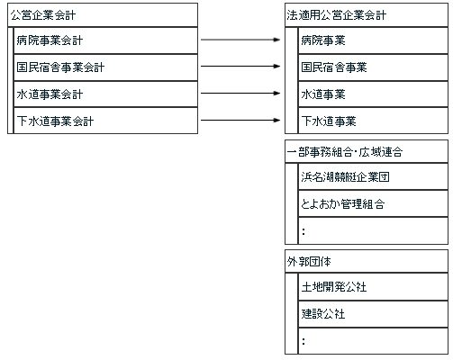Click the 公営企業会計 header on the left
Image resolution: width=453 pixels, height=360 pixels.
tap(103, 15)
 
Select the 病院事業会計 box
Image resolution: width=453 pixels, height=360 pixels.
tap(105, 40)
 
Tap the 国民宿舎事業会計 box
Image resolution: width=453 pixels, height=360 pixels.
tap(105, 67)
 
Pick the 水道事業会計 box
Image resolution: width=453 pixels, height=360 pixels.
tap(105, 94)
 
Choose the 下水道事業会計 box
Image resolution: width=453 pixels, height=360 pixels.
tap(105, 121)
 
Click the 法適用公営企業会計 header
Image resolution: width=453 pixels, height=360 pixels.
tap(367, 15)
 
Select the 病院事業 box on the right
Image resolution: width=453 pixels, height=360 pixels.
tap(373, 40)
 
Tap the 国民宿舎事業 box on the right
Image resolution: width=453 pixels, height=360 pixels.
tap(373, 67)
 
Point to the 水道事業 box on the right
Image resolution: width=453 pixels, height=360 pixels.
tap(373, 94)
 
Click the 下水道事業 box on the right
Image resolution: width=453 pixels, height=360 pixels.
tap(373, 121)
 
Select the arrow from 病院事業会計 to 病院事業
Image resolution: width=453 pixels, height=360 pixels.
tap(240, 40)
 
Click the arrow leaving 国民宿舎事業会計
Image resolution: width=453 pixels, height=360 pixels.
tap(240, 67)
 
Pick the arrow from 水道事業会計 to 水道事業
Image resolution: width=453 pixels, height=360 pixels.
tap(240, 94)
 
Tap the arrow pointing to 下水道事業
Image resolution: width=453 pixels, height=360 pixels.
tap(240, 121)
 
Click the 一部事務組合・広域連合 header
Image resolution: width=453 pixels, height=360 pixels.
tap(367, 151)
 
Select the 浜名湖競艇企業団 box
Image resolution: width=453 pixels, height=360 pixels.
tap(373, 177)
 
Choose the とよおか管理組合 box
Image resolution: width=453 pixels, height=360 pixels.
tap(373, 204)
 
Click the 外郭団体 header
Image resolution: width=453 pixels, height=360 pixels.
tap(367, 262)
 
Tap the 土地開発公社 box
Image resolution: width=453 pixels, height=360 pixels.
tap(373, 287)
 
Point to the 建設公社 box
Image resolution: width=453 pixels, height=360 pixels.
tap(373, 314)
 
